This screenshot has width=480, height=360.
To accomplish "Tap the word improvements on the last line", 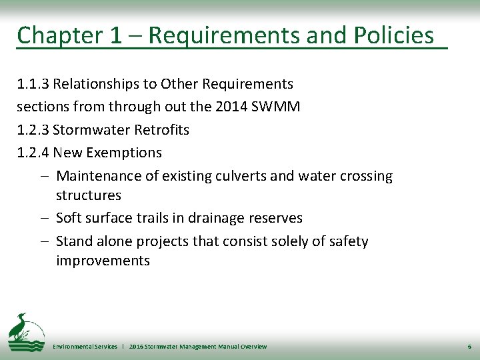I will point(103,261).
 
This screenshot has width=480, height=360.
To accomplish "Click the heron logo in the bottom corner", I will point(25,331).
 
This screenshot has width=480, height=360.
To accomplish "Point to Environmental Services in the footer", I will point(85,347).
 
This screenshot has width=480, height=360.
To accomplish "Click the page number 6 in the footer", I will point(469,347).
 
